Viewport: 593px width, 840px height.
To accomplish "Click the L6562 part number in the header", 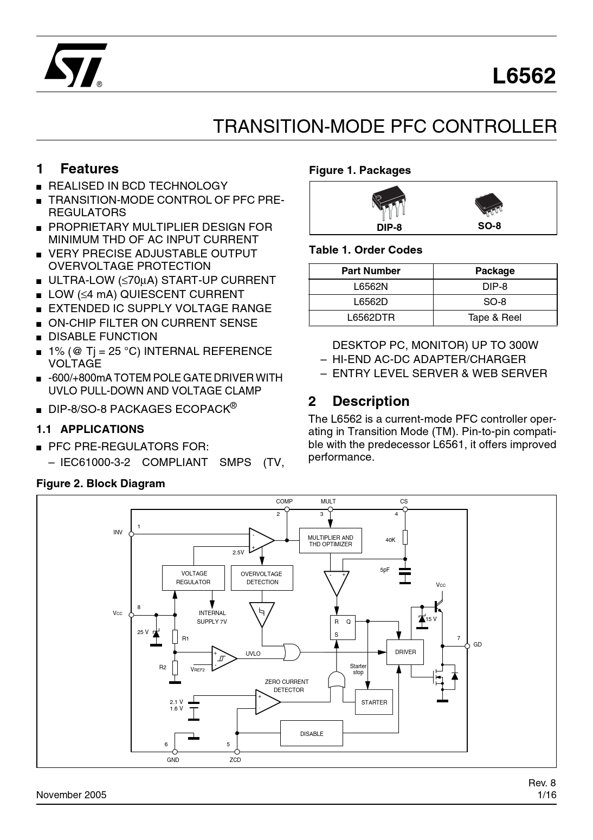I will click(524, 77).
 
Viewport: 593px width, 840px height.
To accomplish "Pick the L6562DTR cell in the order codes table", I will click(371, 318).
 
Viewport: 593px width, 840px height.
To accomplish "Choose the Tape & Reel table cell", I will click(494, 318).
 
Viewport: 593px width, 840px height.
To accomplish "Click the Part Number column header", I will click(371, 271).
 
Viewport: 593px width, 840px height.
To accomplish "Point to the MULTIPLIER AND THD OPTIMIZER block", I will click(330, 541).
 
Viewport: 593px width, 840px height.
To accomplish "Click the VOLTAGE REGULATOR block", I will click(194, 578).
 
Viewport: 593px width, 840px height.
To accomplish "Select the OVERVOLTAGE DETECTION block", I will click(262, 578).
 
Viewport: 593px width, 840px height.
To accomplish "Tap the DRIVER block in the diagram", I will click(405, 652).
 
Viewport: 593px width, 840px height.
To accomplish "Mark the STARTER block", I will click(374, 702).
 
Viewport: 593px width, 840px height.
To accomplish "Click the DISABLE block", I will click(312, 734).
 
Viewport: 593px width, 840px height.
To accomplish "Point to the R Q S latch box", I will click(343, 628).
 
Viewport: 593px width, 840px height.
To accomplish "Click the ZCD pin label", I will click(235, 760).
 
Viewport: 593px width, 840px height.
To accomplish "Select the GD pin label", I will click(477, 644).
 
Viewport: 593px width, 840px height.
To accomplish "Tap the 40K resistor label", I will click(390, 540).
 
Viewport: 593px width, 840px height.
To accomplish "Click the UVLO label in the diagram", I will click(253, 654).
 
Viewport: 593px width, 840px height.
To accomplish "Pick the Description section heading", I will click(371, 402).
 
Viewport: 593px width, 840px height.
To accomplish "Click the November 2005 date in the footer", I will click(72, 795).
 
